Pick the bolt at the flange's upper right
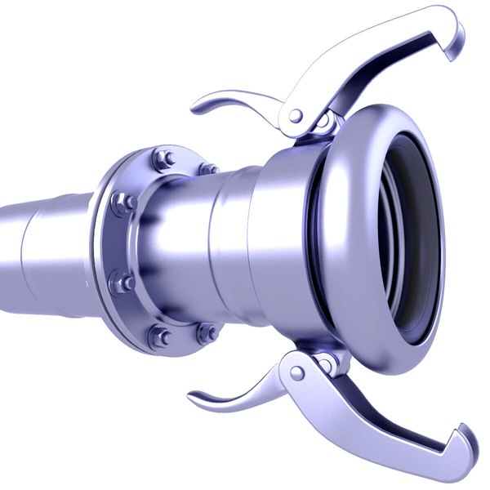pos(208,169)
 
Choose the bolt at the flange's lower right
pos(208,332)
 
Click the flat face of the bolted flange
pos(114,245)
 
